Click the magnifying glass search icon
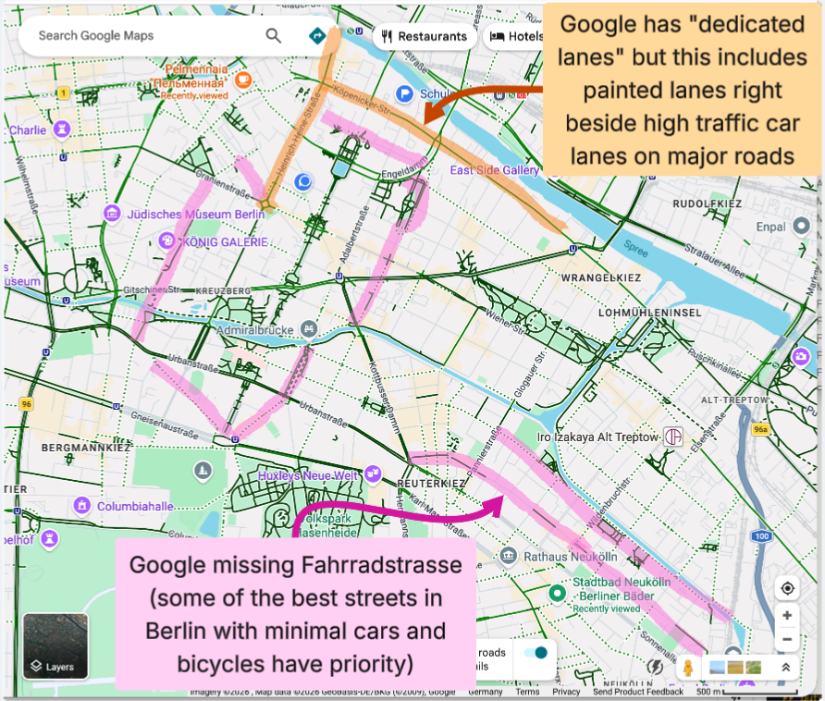[273, 36]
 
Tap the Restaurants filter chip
[423, 37]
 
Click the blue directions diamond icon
[318, 36]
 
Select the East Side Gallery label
[494, 170]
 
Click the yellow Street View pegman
[687, 668]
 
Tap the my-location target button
[787, 588]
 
